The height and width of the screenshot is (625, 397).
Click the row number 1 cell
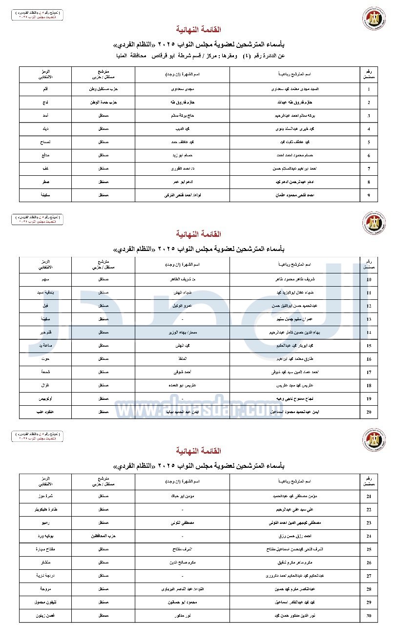point(369,89)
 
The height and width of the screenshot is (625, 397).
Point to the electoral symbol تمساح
point(44,142)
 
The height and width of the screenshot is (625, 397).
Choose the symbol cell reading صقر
point(44,182)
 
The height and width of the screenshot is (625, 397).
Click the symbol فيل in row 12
point(44,306)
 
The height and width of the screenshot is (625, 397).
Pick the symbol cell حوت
point(44,359)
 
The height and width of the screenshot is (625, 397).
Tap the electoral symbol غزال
point(44,385)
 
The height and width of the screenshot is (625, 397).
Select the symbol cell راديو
point(44,523)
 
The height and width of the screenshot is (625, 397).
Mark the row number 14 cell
point(369,333)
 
